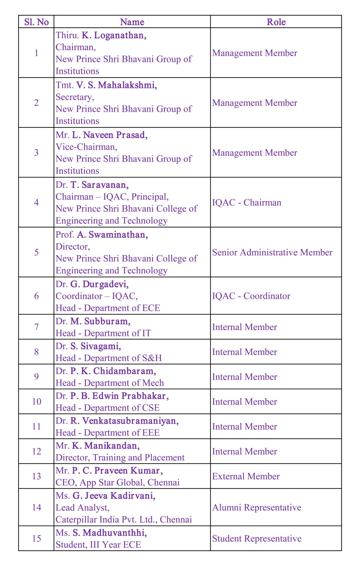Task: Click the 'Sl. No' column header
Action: [x=36, y=22]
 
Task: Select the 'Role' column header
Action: [x=276, y=22]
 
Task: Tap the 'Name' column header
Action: [x=132, y=22]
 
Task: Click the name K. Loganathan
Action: [x=114, y=35]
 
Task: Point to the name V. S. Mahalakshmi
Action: [x=116, y=85]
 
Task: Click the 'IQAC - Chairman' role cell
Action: [x=246, y=203]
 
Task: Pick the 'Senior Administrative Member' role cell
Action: [x=272, y=252]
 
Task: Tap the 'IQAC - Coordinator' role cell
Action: [x=251, y=296]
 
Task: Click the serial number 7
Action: [x=36, y=327]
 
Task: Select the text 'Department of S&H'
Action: [x=123, y=358]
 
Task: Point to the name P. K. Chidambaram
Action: [x=113, y=371]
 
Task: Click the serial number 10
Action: [x=37, y=402]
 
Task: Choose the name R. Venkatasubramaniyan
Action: [x=124, y=421]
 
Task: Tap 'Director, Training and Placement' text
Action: [x=120, y=458]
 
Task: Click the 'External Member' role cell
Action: [x=246, y=476]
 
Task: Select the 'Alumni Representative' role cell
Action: [x=257, y=507]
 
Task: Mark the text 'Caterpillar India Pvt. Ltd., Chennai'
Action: [x=124, y=519]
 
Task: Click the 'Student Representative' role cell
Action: [x=257, y=539]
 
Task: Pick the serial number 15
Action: [x=37, y=539]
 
